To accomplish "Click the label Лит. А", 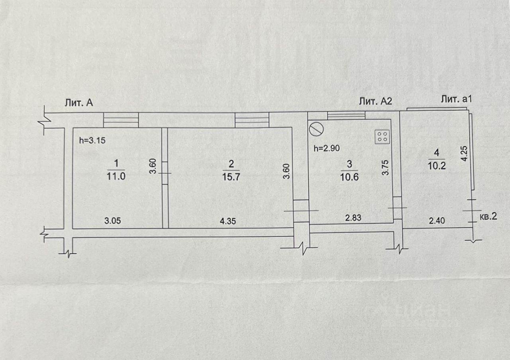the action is point(79,103).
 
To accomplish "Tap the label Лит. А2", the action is point(376,101).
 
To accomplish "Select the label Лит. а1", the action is point(456,100).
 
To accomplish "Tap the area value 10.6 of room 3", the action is point(350,178).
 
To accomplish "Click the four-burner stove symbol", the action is point(382,137).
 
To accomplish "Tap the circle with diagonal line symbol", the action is point(316,129).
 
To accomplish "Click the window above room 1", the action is point(121,120).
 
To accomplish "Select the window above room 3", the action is point(346,115).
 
